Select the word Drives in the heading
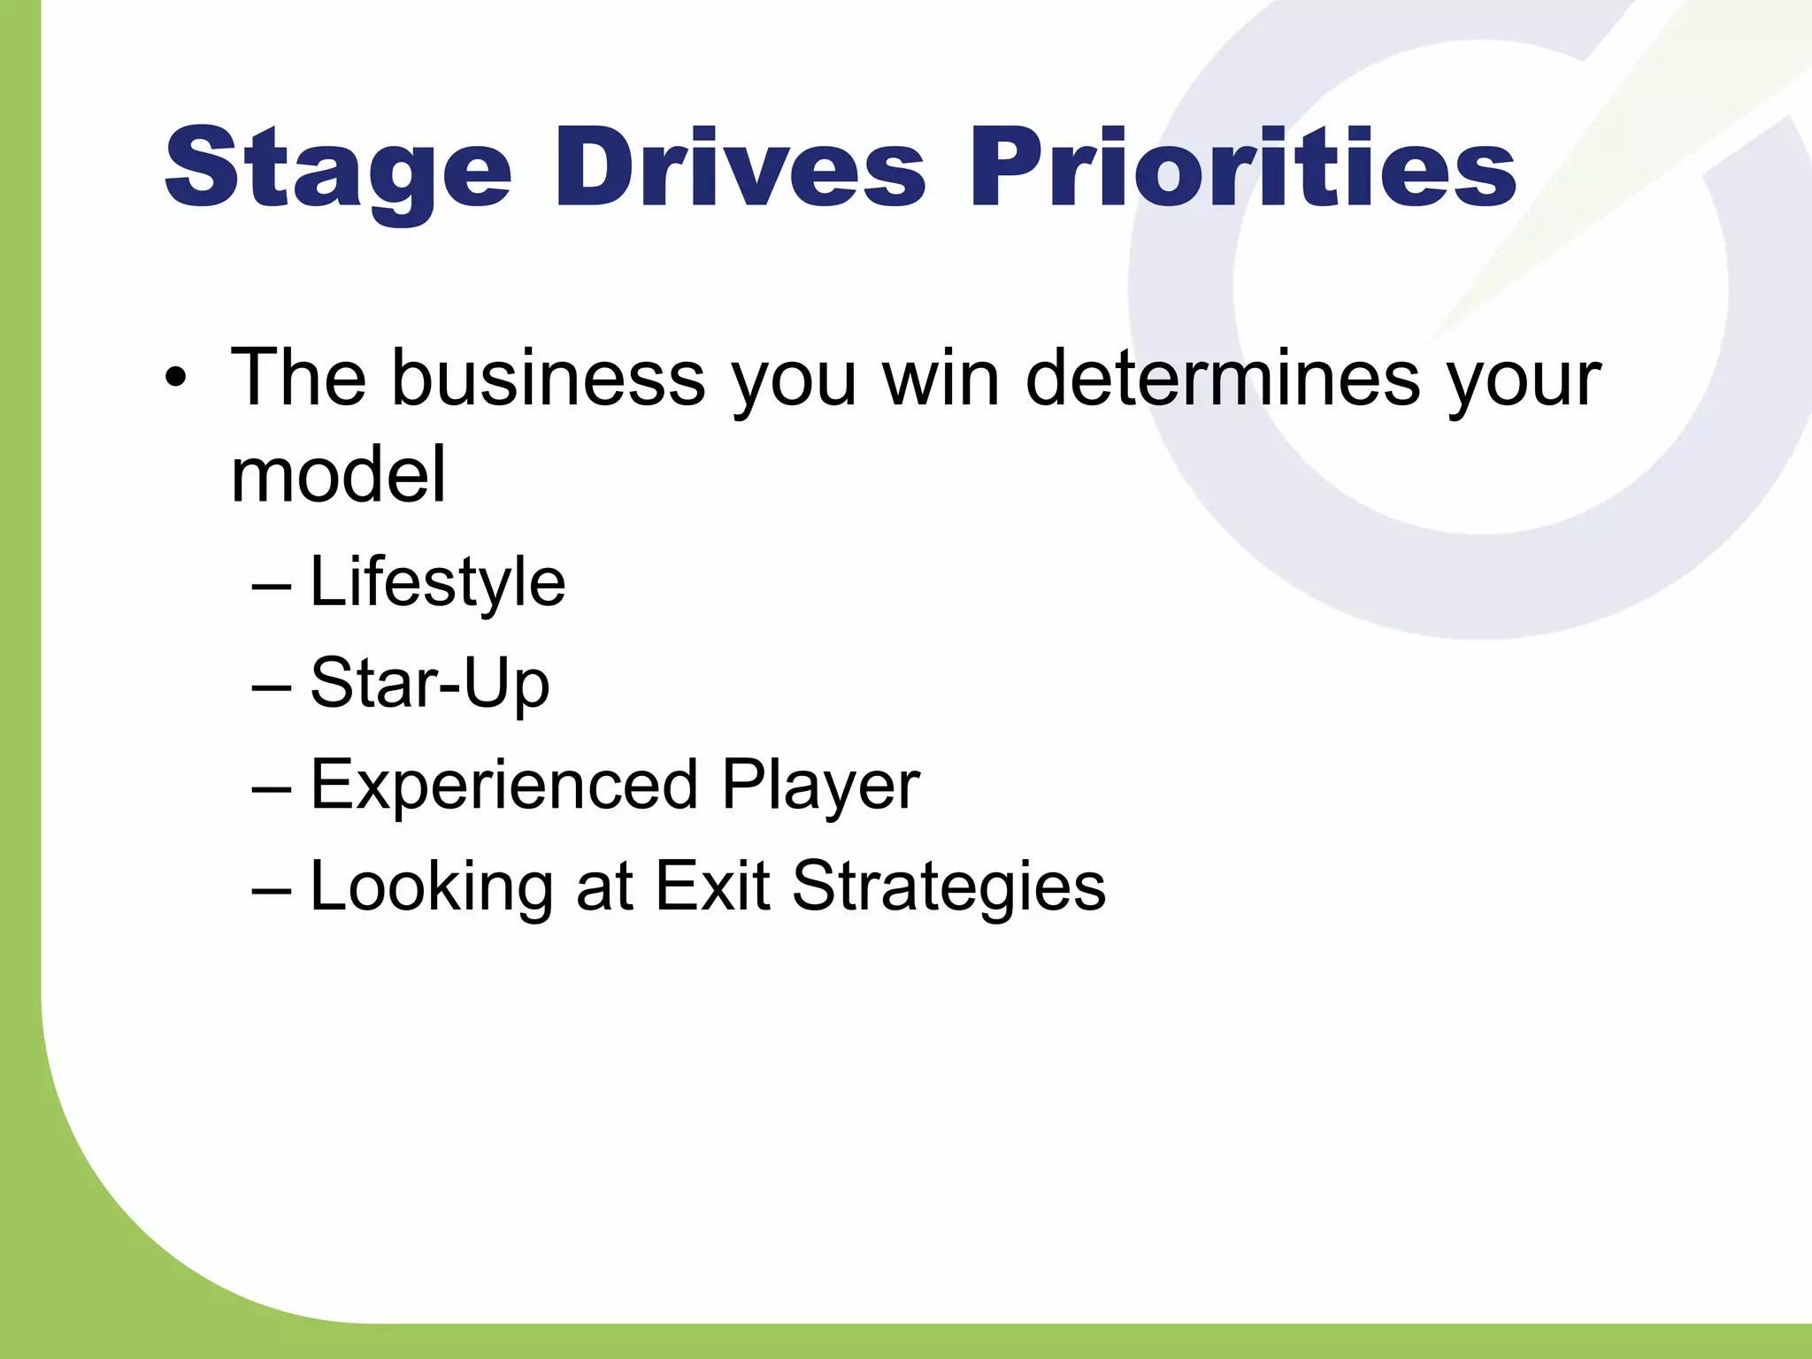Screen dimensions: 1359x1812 740,168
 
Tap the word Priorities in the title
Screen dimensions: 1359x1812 1243,168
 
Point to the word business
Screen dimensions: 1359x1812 548,379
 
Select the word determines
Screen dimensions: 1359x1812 1222,379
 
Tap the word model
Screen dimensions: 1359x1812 338,475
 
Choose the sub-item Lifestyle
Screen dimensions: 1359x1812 437,583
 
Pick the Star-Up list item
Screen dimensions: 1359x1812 430,684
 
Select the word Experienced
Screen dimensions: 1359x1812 504,785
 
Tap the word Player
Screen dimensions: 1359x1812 820,785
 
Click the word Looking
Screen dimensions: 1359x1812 432,887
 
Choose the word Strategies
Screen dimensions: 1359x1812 948,887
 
